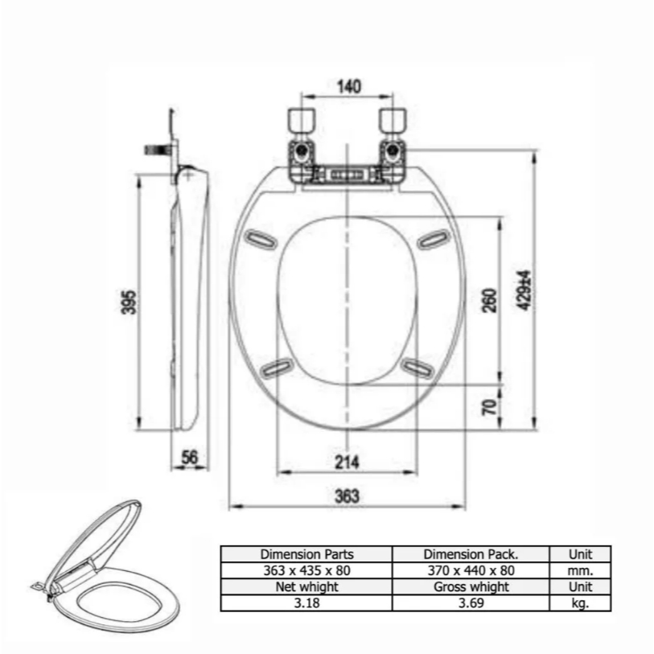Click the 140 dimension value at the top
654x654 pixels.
click(x=348, y=86)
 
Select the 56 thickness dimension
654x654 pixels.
click(x=189, y=457)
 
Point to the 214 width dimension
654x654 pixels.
click(x=347, y=462)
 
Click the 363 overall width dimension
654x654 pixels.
click(x=347, y=496)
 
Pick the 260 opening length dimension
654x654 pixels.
click(x=490, y=300)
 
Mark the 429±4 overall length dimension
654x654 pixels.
click(x=524, y=290)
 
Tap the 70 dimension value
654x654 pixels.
click(x=490, y=407)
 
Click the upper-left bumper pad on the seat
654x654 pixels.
click(x=260, y=240)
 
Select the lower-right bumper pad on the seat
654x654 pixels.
click(x=417, y=368)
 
